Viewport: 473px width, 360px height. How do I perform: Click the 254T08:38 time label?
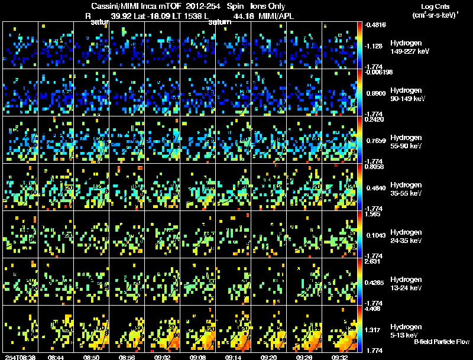(20, 357)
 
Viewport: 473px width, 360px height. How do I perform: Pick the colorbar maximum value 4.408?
(376, 309)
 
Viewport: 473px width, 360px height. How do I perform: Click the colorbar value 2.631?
(376, 261)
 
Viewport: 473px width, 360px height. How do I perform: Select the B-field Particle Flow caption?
(442, 342)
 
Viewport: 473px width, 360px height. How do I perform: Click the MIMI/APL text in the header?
(276, 16)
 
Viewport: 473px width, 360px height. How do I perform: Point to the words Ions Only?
(267, 7)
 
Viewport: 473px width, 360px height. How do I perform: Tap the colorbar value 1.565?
(376, 214)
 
